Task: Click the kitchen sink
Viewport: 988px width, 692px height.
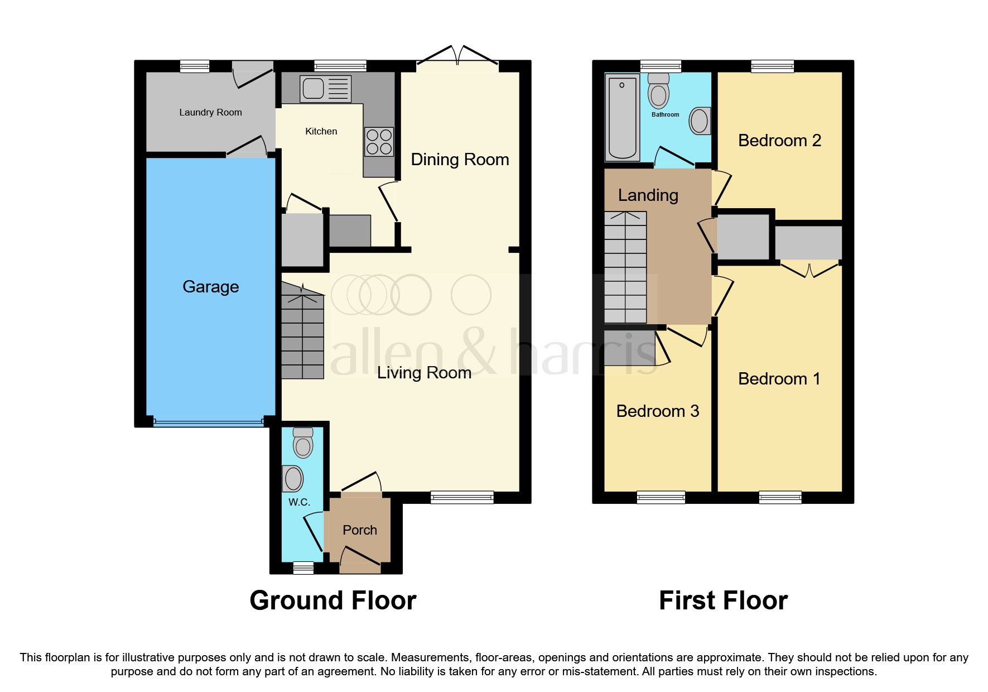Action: tap(325, 89)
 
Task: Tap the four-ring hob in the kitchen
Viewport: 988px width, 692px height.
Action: tap(379, 142)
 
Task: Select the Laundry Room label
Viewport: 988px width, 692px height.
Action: tap(210, 112)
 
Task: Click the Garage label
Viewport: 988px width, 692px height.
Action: tap(210, 286)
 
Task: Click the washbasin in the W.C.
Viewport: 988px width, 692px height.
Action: tap(293, 478)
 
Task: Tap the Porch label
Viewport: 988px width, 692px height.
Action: tap(359, 530)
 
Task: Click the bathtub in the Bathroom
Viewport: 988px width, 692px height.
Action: tap(622, 117)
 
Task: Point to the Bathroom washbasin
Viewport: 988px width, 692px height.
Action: tap(700, 121)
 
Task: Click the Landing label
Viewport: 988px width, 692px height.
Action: tap(648, 195)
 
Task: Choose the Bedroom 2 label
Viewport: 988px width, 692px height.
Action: tap(779, 140)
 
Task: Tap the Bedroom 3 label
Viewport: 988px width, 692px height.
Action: tap(657, 411)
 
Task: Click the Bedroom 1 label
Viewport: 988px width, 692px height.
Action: tap(779, 378)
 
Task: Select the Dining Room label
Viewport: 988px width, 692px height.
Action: tap(460, 159)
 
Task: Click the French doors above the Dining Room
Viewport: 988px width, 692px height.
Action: tap(457, 56)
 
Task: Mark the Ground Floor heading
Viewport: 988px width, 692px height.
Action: tap(332, 600)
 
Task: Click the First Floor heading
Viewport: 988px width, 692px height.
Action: tap(723, 600)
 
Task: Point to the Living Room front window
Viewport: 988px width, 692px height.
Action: tap(462, 497)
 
